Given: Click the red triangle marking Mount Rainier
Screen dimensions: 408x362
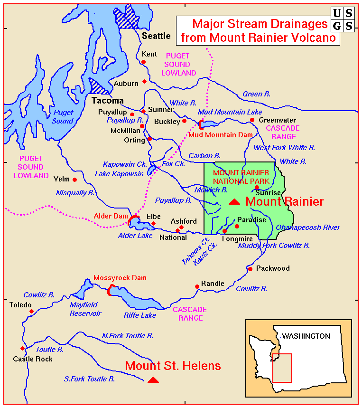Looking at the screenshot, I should click(x=234, y=202).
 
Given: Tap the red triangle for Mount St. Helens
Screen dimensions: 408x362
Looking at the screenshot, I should click(x=153, y=380).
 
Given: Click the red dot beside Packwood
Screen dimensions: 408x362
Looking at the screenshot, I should click(x=250, y=269).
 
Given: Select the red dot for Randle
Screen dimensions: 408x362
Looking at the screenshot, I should click(x=197, y=286).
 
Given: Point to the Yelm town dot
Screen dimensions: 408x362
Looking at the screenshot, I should click(x=74, y=180).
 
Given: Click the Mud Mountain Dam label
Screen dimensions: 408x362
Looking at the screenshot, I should click(x=220, y=135).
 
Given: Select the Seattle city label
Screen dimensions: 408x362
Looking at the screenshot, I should click(x=156, y=36).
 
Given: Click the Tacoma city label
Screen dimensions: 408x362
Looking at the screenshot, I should click(x=107, y=101).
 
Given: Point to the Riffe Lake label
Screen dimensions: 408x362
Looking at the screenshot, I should click(x=140, y=315).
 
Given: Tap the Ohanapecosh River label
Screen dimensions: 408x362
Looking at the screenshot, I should click(x=308, y=228).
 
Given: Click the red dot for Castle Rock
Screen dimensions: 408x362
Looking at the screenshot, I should click(x=22, y=348).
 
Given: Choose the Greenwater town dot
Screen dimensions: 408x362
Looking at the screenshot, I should click(x=252, y=120).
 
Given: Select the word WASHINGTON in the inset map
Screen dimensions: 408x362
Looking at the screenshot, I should click(x=306, y=336).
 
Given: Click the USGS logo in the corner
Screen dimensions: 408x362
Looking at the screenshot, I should click(x=342, y=19).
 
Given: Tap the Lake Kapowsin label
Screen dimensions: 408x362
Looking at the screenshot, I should click(x=119, y=174).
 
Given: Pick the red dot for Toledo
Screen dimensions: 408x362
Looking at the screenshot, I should click(x=31, y=312).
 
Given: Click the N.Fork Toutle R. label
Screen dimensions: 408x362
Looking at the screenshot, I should click(x=128, y=336).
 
